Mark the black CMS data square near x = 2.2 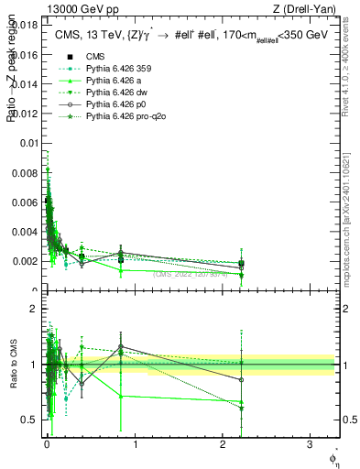pos(241,264)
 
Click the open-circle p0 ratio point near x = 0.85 pos(120,347)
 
